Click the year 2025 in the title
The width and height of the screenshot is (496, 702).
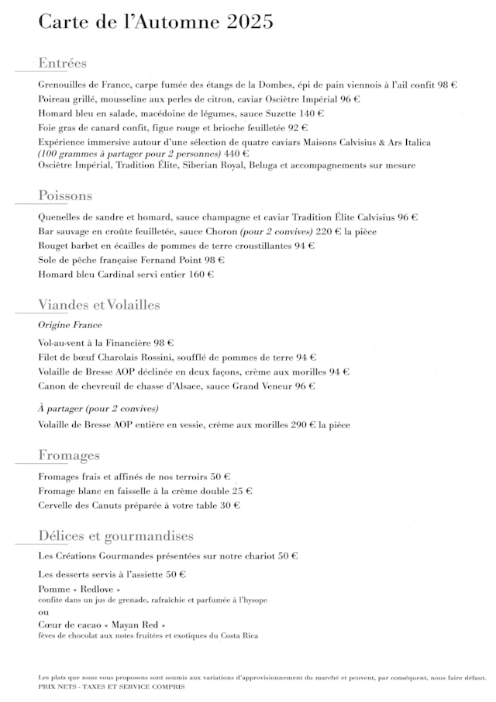tap(250, 22)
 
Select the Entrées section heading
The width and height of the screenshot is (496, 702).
tap(62, 64)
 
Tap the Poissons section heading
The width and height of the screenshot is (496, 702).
tap(65, 195)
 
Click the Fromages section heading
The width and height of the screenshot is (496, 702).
tap(69, 455)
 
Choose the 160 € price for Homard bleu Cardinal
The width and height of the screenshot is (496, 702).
tap(201, 274)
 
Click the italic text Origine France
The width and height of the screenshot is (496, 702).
tap(70, 325)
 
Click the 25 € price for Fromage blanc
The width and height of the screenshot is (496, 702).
tap(242, 491)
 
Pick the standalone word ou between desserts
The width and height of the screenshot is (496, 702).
tap(43, 611)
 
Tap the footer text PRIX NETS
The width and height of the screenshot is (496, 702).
tap(58, 686)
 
